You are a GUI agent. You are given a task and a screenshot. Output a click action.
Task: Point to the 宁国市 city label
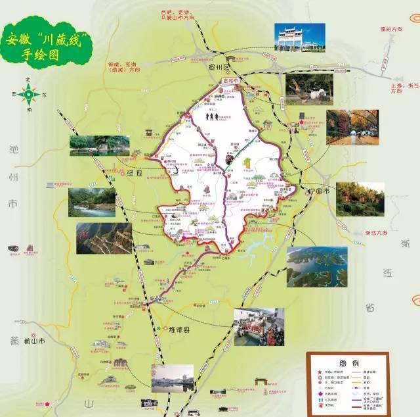(319, 191)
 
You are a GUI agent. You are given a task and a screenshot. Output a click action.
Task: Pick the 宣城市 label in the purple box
(230, 81)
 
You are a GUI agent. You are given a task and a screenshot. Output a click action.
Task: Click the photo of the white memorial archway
(300, 37)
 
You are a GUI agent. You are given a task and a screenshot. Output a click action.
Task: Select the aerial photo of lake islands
(317, 266)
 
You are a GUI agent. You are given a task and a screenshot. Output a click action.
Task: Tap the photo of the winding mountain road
(103, 238)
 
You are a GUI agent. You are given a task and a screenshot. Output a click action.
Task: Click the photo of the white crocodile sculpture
(309, 89)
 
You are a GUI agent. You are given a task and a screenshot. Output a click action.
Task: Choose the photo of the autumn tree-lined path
(352, 127)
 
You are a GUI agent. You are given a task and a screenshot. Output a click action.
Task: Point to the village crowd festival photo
(259, 326)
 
